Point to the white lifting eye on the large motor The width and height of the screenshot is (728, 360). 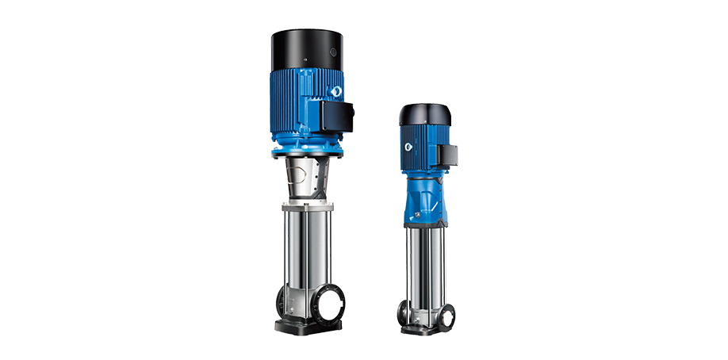336,93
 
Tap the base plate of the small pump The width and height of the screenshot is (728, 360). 428,331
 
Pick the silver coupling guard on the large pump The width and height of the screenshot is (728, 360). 306,178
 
